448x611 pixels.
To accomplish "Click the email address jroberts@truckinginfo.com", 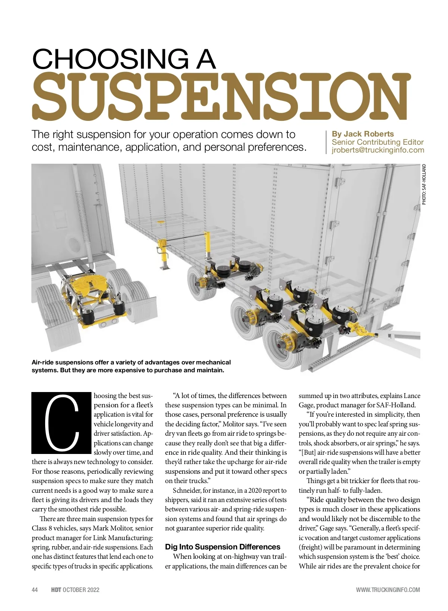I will click(x=378, y=150).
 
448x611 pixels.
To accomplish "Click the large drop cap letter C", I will click(x=62, y=423).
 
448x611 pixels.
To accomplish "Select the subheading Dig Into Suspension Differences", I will click(x=223, y=547).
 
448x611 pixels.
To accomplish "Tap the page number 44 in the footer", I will click(x=35, y=590).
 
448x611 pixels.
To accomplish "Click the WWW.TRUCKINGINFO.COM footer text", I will click(x=388, y=590).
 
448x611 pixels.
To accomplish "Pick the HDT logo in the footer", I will click(x=56, y=590).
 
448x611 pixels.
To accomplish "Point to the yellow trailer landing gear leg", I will click(x=164, y=253).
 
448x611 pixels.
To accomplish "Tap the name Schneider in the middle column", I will click(x=185, y=491).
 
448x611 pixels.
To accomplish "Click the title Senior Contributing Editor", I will click(x=377, y=142).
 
